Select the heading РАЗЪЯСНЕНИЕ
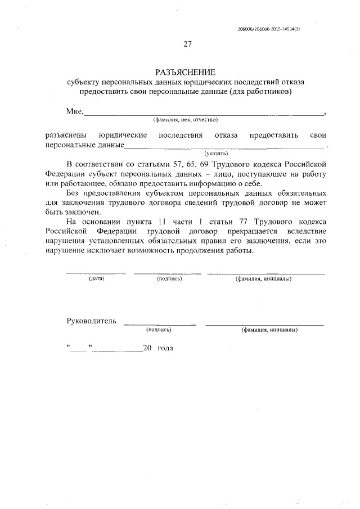click(x=185, y=72)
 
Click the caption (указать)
click(x=216, y=152)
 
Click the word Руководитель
click(x=91, y=321)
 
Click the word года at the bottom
click(x=165, y=349)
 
